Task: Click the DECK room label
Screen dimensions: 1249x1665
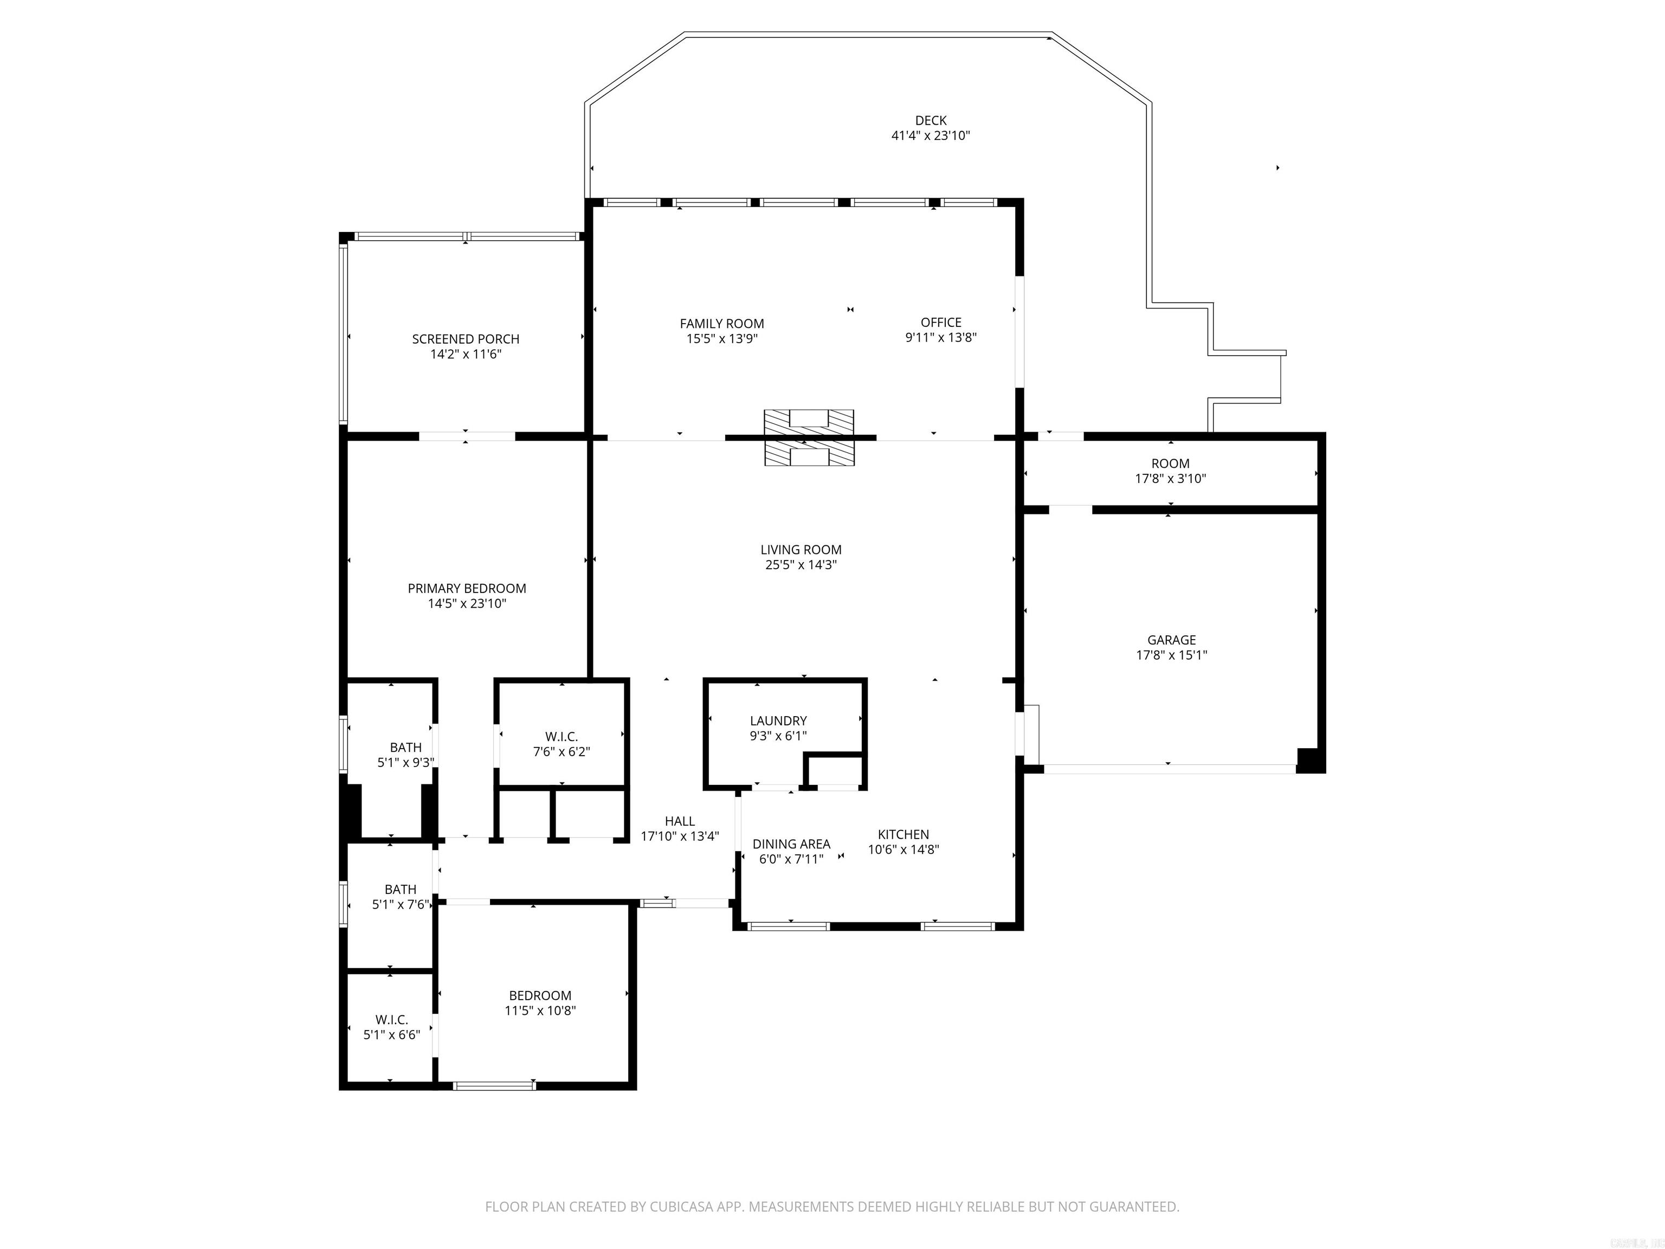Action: coord(931,120)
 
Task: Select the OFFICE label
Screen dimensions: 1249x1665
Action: coord(941,322)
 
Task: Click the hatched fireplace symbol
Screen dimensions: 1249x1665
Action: coord(809,437)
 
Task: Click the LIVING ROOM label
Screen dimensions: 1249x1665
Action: coord(801,550)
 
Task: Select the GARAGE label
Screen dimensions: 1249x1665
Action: coord(1171,640)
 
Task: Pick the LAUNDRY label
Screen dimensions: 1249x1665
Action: coord(778,720)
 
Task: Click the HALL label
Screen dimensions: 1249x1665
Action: coord(680,821)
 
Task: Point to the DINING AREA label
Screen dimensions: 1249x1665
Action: coord(791,844)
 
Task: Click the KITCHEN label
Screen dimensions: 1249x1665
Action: coord(904,834)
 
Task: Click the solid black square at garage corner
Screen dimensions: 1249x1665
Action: coord(1309,761)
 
